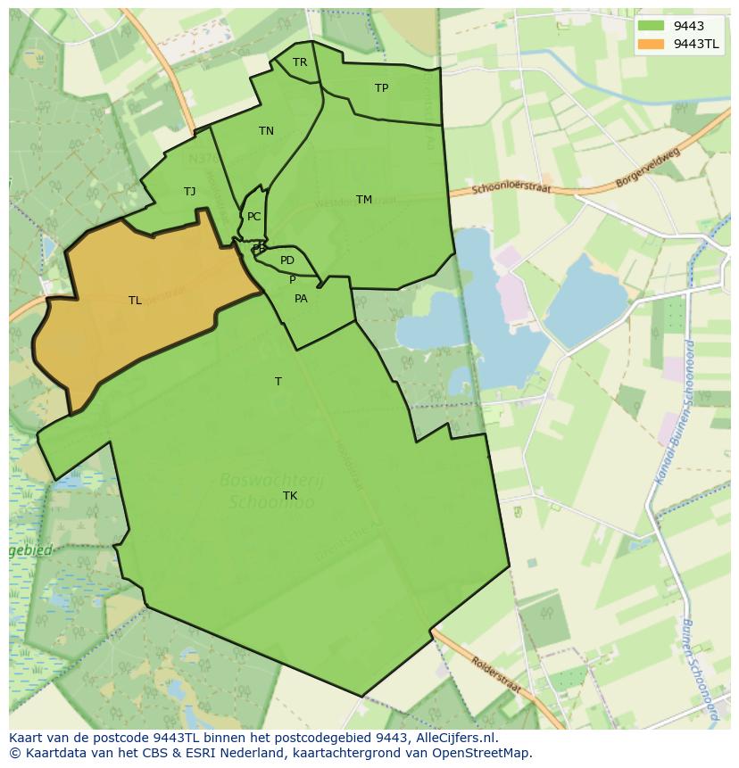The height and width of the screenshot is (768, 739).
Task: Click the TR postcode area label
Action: point(300,62)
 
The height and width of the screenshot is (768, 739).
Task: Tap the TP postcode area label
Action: point(381,88)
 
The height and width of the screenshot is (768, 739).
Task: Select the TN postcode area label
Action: point(266,131)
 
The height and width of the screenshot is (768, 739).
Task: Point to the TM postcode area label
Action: point(363,200)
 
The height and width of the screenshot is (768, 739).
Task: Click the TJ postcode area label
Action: point(189,192)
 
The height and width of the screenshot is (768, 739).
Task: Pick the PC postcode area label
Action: point(254,217)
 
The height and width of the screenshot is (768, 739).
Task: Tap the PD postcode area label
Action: point(286,260)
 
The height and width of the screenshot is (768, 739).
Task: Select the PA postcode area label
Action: point(301,299)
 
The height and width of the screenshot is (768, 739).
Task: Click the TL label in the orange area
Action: point(135,301)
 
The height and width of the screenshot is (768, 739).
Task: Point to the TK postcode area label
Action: point(290,496)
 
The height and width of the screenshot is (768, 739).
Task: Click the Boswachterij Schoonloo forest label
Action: point(272,491)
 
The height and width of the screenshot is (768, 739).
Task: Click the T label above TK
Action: point(278,382)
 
